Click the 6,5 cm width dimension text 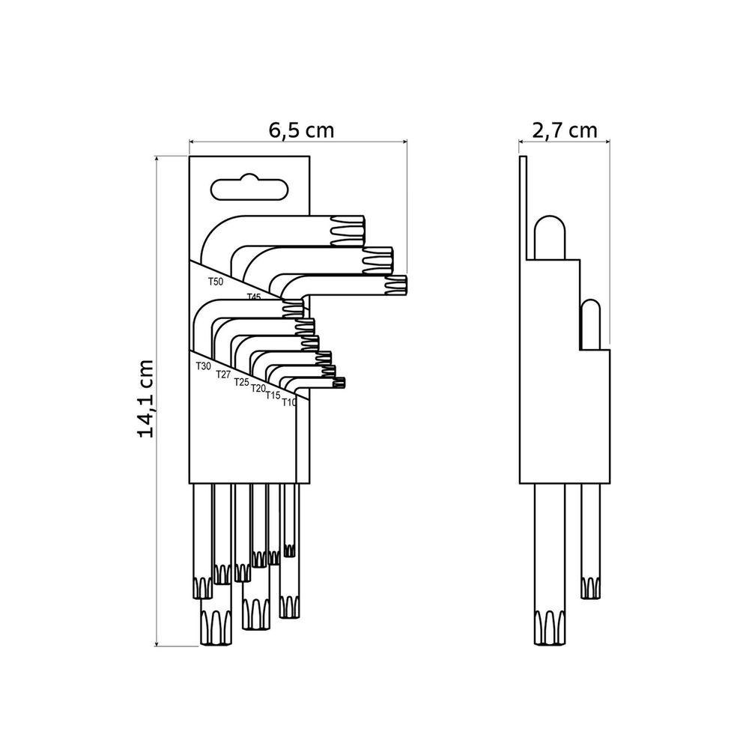301,130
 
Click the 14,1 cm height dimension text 146,399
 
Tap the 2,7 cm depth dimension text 565,130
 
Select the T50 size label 216,282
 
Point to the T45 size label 254,297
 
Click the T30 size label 203,366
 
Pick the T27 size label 223,374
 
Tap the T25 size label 241,382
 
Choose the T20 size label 258,388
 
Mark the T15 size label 273,395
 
